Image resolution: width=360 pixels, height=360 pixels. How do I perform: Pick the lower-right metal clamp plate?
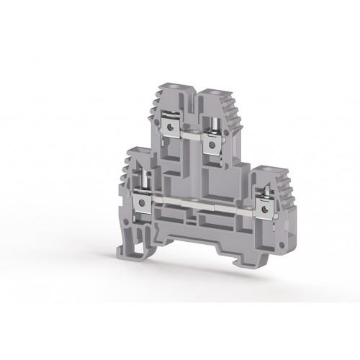[268, 209]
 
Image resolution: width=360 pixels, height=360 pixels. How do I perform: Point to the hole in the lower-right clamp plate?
[269, 210]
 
